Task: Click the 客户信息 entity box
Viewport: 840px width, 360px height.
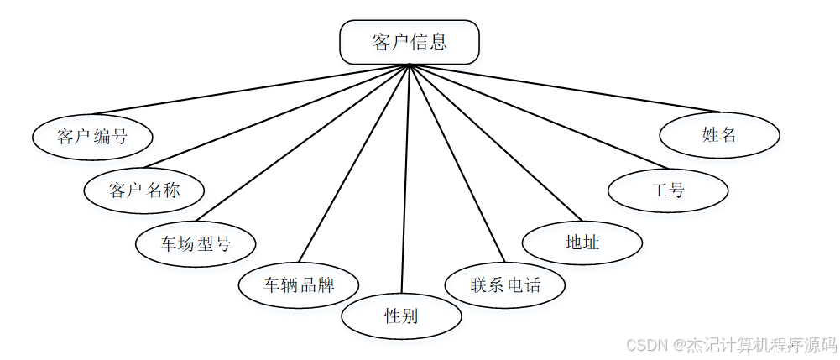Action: click(x=409, y=42)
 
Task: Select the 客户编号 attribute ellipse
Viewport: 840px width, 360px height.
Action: click(x=92, y=136)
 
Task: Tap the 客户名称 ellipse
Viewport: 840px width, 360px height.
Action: click(x=143, y=190)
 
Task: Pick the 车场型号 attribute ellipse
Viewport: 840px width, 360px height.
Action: click(x=196, y=244)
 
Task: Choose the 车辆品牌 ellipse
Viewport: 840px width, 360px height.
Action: click(x=299, y=284)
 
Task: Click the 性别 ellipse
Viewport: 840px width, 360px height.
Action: click(x=401, y=316)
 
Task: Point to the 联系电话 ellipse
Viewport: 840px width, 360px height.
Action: click(x=504, y=284)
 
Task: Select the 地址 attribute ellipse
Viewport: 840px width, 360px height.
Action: click(x=582, y=243)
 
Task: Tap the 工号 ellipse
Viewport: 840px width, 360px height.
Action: click(x=668, y=190)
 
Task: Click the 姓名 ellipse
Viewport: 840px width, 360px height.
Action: click(x=719, y=134)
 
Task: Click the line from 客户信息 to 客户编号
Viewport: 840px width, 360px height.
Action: click(x=252, y=90)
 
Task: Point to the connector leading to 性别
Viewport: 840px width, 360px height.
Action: click(x=405, y=180)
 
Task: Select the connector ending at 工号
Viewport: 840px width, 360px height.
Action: click(x=537, y=116)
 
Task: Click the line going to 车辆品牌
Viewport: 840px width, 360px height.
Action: click(x=352, y=164)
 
